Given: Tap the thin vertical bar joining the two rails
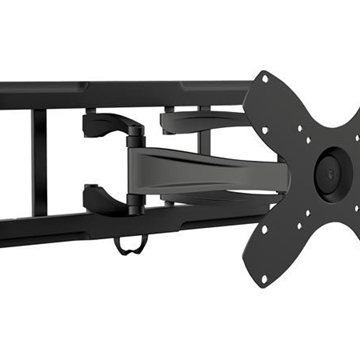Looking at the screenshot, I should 39,160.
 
